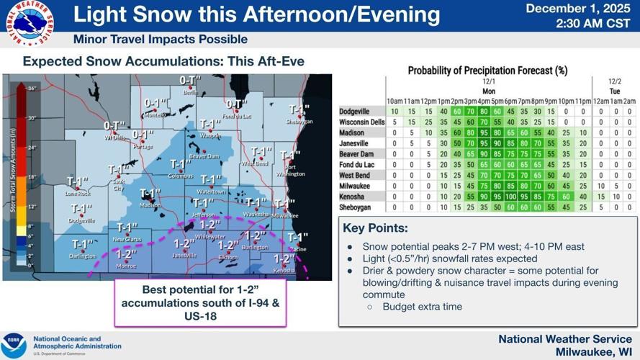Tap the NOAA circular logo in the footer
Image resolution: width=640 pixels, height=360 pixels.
(14, 345)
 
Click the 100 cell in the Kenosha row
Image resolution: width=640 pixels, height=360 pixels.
(514, 196)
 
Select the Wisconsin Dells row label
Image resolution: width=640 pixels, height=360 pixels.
(361, 122)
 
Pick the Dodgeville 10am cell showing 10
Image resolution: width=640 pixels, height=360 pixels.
(395, 112)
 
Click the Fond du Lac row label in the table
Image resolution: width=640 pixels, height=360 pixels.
(357, 164)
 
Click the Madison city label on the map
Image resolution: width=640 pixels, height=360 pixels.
(150, 204)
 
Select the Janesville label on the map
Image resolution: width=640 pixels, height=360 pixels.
(184, 255)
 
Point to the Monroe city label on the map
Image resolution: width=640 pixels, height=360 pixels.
(127, 265)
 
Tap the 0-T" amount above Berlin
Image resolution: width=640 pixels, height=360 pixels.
(190, 81)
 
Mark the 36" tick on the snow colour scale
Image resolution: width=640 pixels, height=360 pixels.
(32, 89)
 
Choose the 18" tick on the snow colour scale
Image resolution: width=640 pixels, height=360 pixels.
(32, 176)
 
